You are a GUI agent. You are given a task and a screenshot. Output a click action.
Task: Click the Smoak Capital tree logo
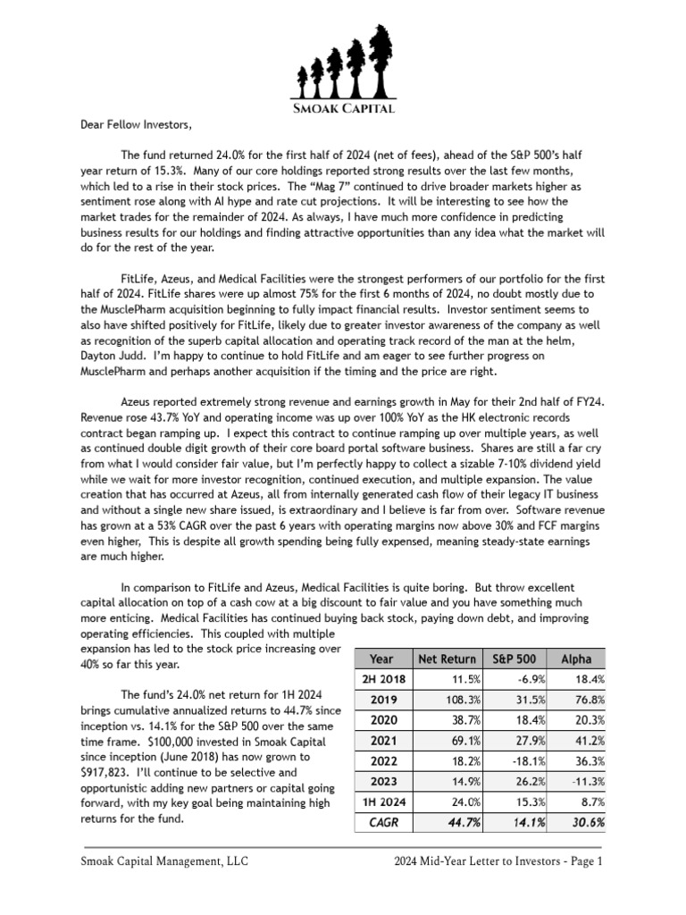coord(342,68)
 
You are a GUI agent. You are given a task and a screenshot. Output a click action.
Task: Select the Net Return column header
coord(448,659)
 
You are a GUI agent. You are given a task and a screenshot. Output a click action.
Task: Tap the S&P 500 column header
coord(513,659)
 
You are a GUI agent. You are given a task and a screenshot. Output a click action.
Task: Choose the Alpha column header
coord(575,659)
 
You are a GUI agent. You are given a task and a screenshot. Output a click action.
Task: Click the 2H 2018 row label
coord(381,680)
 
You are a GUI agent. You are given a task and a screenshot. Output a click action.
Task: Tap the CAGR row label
coord(381,822)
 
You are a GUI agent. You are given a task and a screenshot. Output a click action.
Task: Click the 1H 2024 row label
coord(381,802)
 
